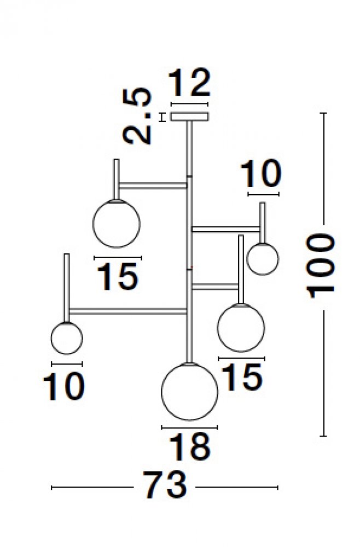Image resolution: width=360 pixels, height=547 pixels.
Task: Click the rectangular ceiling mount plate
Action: [189, 117]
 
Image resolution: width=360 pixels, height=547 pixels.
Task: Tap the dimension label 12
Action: [190, 83]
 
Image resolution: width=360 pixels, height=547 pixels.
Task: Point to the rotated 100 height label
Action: [321, 266]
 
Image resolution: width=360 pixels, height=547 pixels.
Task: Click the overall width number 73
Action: [165, 486]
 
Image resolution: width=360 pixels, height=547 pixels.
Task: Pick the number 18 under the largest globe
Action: [190, 447]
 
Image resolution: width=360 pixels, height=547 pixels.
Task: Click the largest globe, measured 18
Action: [189, 392]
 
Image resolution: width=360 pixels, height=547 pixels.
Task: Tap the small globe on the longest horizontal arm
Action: [67, 338]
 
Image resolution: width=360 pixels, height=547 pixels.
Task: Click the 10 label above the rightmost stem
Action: [261, 173]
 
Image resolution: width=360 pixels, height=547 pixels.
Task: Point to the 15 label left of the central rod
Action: [118, 277]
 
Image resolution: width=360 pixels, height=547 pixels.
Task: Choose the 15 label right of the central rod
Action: [242, 377]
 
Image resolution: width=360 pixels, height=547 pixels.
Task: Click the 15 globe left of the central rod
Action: [117, 224]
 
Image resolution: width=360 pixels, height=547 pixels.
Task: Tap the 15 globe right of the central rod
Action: [241, 328]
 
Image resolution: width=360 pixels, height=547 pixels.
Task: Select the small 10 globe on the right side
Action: [263, 259]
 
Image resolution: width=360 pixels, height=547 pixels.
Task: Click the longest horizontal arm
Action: [127, 311]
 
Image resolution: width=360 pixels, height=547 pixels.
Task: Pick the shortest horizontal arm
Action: [215, 287]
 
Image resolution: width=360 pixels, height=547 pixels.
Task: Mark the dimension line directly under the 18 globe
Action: [189, 427]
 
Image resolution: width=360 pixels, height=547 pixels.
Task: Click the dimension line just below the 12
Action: [189, 104]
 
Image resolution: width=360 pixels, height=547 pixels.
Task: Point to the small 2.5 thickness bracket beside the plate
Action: [161, 117]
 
